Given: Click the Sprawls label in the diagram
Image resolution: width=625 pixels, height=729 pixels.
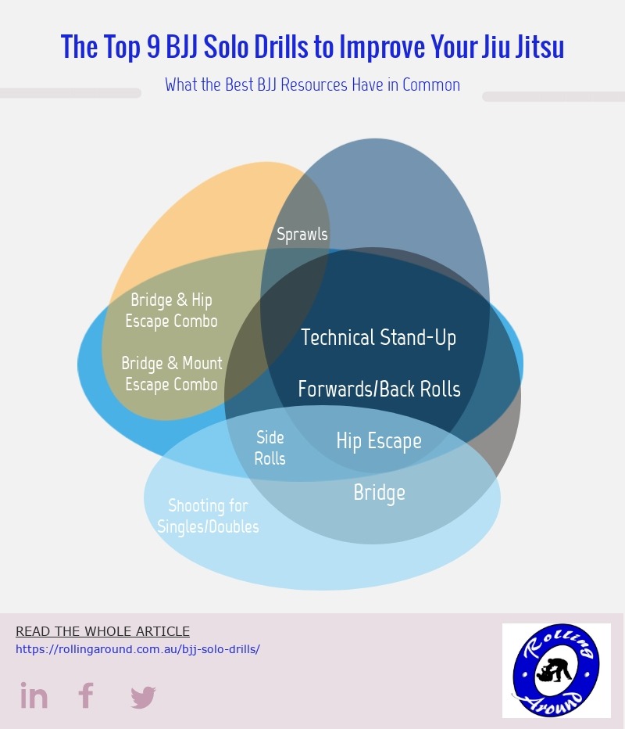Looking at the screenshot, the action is click(302, 234).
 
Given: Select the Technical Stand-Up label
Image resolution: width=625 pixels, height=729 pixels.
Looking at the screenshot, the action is click(378, 338).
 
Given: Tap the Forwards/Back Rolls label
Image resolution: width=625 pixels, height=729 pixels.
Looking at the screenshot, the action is click(380, 390).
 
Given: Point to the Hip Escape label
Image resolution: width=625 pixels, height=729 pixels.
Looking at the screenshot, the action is click(379, 441).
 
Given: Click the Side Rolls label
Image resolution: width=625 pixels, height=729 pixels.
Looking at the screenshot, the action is click(270, 447).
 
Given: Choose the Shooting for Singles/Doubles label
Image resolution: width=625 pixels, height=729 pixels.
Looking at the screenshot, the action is click(208, 516).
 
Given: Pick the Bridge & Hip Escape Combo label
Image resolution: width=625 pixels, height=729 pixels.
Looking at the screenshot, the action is click(171, 311).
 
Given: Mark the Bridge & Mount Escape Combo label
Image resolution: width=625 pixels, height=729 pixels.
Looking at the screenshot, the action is click(172, 374).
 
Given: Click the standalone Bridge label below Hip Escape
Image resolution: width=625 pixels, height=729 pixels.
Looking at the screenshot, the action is click(380, 493).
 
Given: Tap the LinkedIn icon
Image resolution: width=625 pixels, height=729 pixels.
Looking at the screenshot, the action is click(34, 695).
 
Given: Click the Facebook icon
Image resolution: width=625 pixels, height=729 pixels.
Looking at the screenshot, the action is click(86, 695).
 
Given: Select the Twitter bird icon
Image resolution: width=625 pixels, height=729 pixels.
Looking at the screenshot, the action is click(143, 697).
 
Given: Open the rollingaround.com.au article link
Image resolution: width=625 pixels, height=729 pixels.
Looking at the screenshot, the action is click(138, 649).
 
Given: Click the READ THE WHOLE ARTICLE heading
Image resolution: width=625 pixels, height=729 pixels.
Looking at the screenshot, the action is click(102, 631).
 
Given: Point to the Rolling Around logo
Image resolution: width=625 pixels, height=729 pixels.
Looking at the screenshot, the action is click(556, 670).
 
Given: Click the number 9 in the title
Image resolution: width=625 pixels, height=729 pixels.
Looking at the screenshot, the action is click(154, 46).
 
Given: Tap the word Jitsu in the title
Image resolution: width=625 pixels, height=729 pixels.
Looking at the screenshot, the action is click(539, 46).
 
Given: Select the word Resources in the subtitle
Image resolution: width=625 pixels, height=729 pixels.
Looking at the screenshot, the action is click(314, 85).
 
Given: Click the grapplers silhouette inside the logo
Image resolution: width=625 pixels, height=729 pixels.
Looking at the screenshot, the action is click(555, 670).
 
